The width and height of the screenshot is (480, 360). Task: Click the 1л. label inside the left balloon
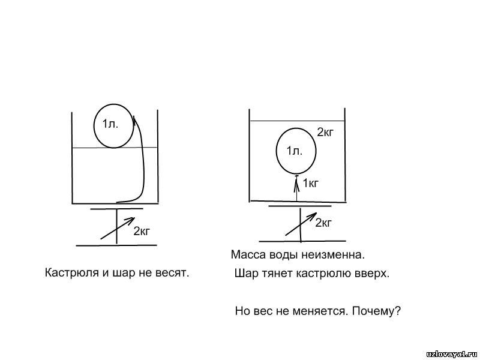click(x=110, y=124)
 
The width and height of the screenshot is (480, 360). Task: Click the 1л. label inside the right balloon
click(x=295, y=151)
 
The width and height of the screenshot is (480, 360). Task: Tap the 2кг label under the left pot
click(x=142, y=231)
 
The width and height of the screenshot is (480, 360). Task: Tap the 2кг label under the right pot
click(x=323, y=223)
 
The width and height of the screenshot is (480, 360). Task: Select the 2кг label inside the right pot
click(x=325, y=132)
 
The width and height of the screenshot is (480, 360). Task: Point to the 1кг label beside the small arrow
click(x=311, y=183)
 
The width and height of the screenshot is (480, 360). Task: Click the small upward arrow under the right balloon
click(x=296, y=188)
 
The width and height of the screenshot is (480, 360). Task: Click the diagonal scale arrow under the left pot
click(x=118, y=228)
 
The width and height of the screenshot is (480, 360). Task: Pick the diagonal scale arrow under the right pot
click(x=301, y=224)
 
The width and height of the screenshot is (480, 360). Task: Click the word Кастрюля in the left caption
click(x=72, y=272)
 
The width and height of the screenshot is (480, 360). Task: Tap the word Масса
click(x=248, y=254)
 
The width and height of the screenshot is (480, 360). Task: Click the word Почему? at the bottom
click(x=376, y=311)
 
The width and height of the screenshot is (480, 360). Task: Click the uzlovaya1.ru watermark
click(x=452, y=353)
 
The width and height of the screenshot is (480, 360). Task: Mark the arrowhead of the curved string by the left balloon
click(x=135, y=119)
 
